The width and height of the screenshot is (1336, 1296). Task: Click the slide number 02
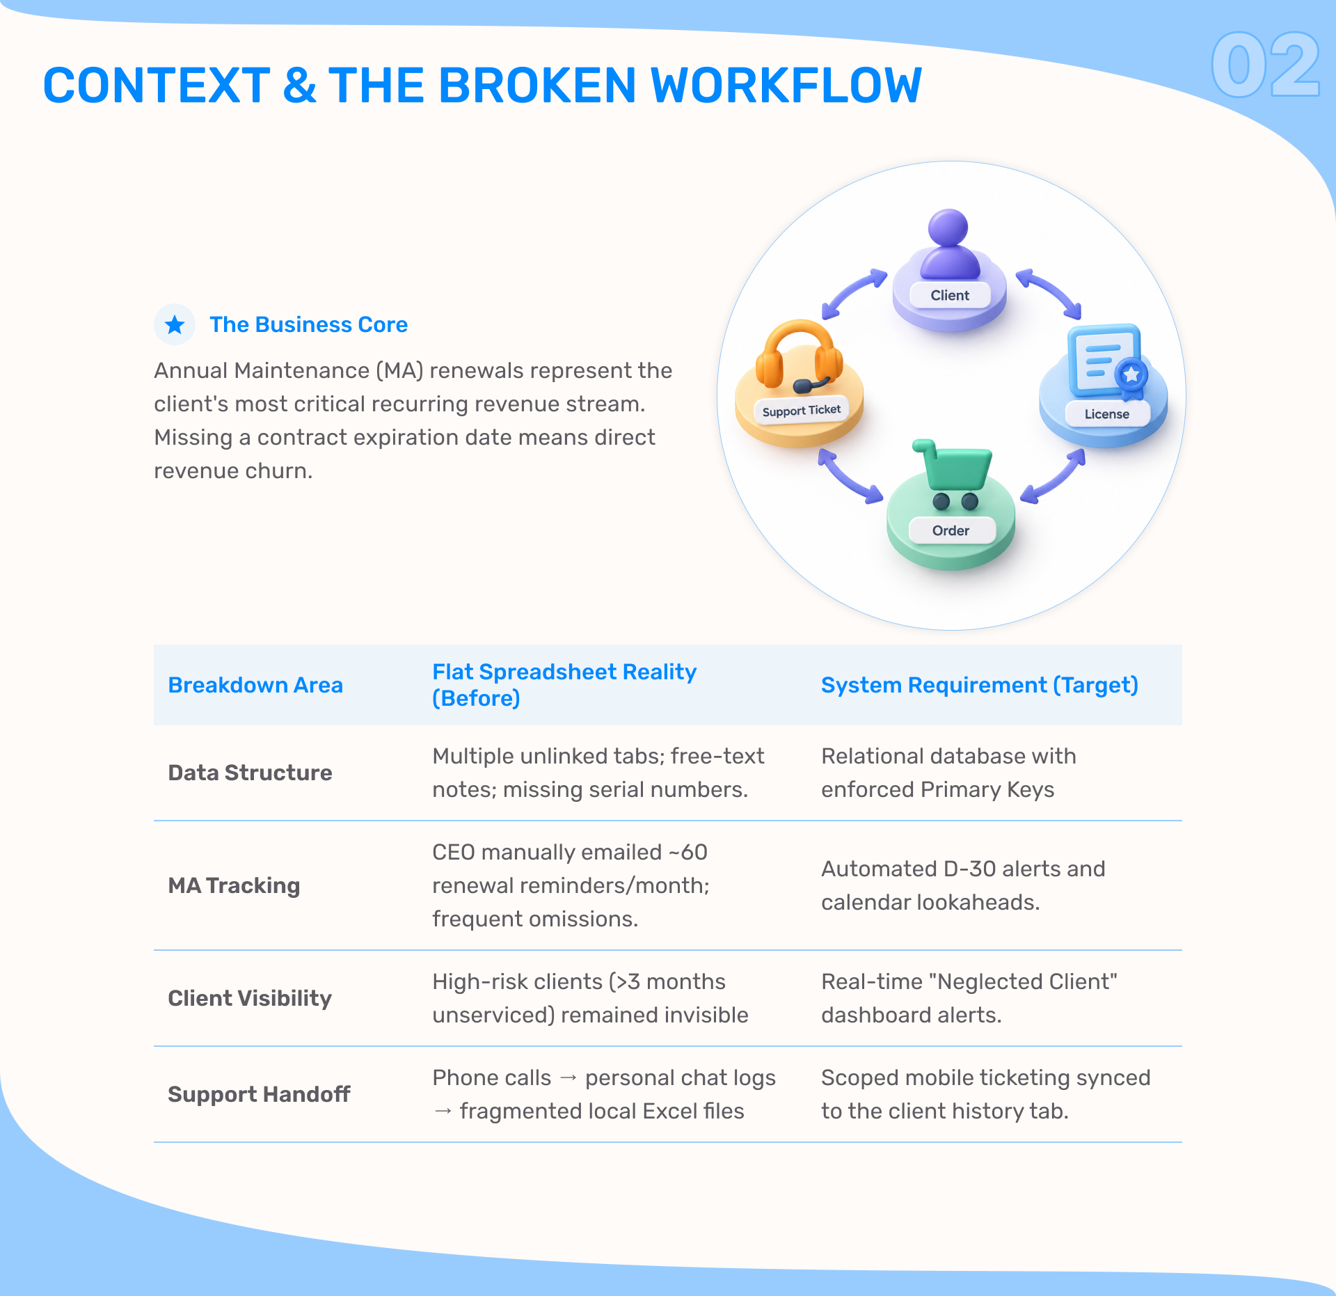(1266, 65)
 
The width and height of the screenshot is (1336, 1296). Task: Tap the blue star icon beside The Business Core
(175, 324)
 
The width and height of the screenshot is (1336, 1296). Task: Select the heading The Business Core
(309, 324)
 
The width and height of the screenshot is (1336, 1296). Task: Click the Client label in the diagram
(950, 295)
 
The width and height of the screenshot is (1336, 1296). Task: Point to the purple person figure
(949, 244)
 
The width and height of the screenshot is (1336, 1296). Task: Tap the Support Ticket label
(802, 411)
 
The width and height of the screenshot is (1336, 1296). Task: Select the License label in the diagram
(1106, 414)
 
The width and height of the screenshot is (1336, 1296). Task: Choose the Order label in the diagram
(951, 530)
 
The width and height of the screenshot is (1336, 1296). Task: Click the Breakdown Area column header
(255, 685)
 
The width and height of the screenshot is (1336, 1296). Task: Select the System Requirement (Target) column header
(980, 685)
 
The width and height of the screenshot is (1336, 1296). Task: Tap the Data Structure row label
(250, 773)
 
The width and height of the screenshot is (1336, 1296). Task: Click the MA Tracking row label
(234, 885)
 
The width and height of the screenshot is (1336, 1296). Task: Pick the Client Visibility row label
(250, 998)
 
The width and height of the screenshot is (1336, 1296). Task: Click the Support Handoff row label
(259, 1094)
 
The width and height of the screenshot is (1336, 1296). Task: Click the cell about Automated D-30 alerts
(963, 885)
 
